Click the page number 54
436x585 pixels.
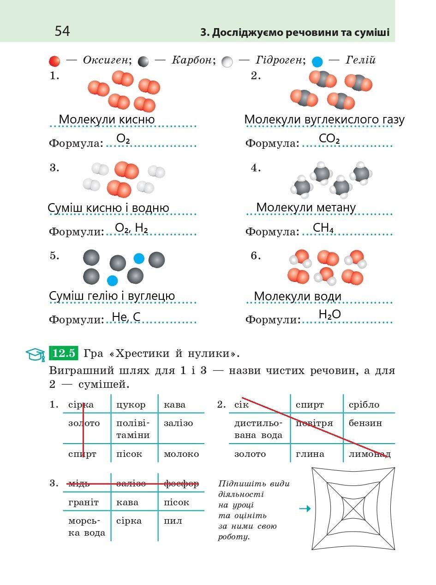tap(62, 31)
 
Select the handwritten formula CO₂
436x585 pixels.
tap(329, 139)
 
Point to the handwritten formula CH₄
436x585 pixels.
tap(323, 228)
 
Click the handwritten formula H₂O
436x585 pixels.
tap(329, 315)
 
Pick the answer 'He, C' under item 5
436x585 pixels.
tap(126, 317)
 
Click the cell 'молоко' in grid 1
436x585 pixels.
tap(181, 454)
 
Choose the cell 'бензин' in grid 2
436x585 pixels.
tap(365, 423)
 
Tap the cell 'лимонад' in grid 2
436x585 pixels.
tap(370, 454)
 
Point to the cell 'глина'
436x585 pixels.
tap(310, 454)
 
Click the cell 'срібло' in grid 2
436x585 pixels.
tap(364, 405)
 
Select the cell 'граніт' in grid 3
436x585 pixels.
tap(84, 502)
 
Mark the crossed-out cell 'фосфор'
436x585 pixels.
tap(181, 484)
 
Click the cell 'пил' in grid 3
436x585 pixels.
tap(173, 521)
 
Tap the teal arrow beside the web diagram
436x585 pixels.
tap(305, 509)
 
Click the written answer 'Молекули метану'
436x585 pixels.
tap(306, 208)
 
